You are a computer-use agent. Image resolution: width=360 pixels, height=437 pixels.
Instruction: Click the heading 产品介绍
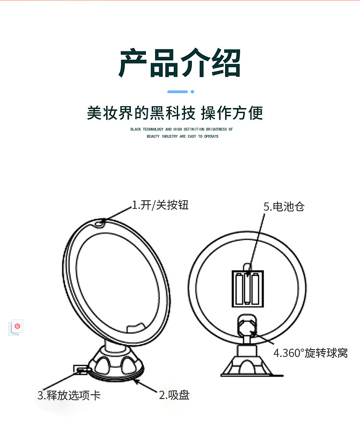point(180,63)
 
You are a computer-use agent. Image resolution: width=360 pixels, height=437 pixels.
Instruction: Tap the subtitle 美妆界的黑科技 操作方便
point(175,113)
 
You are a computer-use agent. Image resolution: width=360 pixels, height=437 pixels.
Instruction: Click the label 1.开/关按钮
point(160,206)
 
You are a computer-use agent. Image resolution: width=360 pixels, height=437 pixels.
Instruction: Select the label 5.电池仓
point(284,206)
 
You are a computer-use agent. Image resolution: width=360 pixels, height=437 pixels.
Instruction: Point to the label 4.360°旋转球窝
point(310,353)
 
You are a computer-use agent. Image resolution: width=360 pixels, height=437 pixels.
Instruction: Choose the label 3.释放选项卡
point(69,395)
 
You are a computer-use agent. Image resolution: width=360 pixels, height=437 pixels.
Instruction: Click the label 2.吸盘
point(174,395)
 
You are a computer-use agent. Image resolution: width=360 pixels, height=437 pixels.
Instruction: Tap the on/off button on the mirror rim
point(100,223)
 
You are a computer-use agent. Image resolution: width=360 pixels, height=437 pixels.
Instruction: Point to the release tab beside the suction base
point(80,369)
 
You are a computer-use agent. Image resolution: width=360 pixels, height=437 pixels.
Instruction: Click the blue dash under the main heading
point(177,91)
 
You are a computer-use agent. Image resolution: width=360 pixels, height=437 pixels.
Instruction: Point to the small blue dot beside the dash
point(192,91)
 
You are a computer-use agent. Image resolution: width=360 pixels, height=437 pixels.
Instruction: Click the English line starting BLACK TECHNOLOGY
point(181,130)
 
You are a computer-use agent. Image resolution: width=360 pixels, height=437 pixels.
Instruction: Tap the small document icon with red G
point(16,327)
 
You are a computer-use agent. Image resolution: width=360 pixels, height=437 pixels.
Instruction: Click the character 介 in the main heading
point(195,63)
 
